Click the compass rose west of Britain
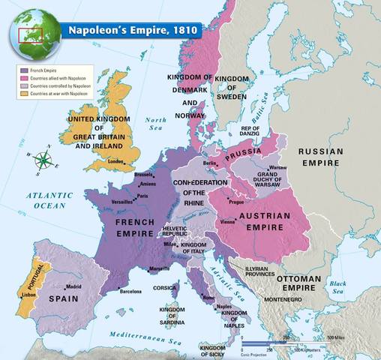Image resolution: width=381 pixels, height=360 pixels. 44,158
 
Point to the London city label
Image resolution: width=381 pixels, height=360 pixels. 115,160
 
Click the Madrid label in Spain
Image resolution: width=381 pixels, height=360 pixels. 73,287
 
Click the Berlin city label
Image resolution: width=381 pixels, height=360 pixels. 210,163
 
